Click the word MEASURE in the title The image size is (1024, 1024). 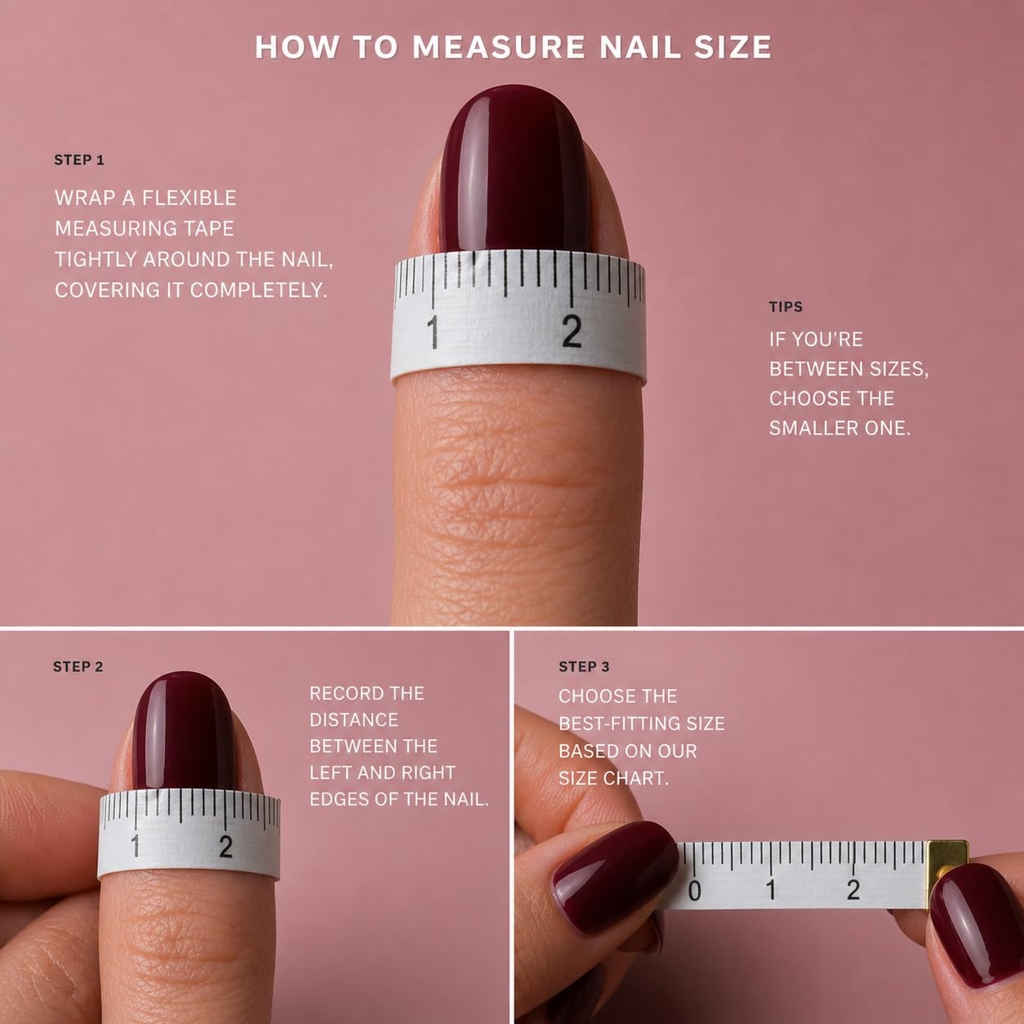(499, 47)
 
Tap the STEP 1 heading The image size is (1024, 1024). (79, 160)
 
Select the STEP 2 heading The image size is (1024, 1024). (78, 666)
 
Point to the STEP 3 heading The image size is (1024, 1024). (584, 666)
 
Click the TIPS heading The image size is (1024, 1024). (786, 306)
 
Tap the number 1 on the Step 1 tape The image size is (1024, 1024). (434, 332)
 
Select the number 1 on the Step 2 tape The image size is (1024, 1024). (136, 845)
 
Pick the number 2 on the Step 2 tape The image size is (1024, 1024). (226, 847)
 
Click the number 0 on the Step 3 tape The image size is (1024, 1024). (695, 891)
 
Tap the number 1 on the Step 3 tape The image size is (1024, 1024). (771, 889)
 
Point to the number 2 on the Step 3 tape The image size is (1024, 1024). (853, 889)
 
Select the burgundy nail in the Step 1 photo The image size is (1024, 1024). (514, 169)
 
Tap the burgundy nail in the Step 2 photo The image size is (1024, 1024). (185, 731)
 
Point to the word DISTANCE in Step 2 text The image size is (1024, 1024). (354, 720)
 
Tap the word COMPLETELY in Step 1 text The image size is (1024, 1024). (258, 290)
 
